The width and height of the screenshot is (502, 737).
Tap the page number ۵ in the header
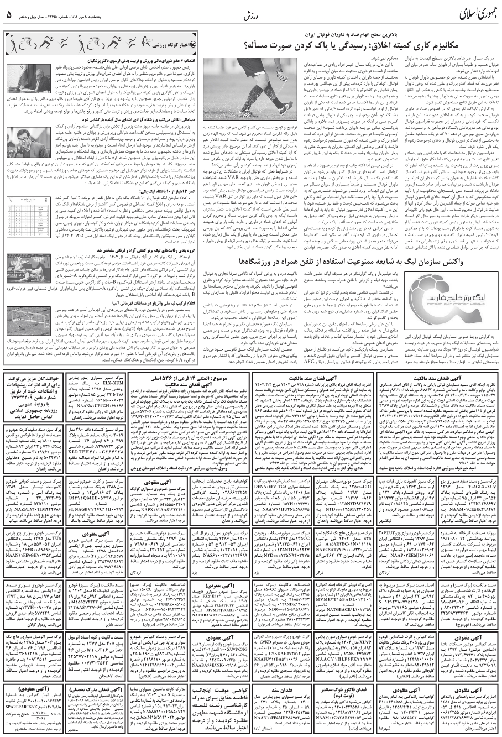pyautogui.click(x=9, y=15)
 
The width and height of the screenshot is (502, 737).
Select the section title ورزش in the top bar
pyautogui.click(x=250, y=16)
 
